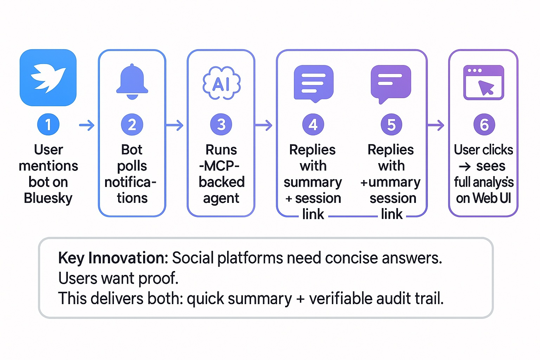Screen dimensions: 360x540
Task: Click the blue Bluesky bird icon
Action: [x=48, y=78]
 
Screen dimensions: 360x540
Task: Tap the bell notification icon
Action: [x=132, y=82]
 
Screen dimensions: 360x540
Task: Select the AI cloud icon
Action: [x=221, y=83]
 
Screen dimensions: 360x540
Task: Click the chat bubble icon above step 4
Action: [x=313, y=83]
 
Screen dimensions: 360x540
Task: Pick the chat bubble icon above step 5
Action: [x=391, y=83]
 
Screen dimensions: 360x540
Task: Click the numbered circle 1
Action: [x=48, y=124]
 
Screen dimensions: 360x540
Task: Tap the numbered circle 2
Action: [x=132, y=124]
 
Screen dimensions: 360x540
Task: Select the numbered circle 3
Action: [x=221, y=124]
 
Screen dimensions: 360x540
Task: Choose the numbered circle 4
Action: [x=313, y=124]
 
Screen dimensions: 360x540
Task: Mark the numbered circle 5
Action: [x=391, y=124]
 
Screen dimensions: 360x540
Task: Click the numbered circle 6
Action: [x=484, y=124]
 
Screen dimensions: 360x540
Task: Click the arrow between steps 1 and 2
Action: [x=87, y=125]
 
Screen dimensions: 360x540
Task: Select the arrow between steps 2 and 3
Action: [x=175, y=125]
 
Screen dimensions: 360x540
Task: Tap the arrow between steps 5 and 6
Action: [x=436, y=125]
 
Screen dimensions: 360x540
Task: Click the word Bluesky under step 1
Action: [x=48, y=198]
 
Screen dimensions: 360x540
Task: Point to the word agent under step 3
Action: [x=221, y=199]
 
